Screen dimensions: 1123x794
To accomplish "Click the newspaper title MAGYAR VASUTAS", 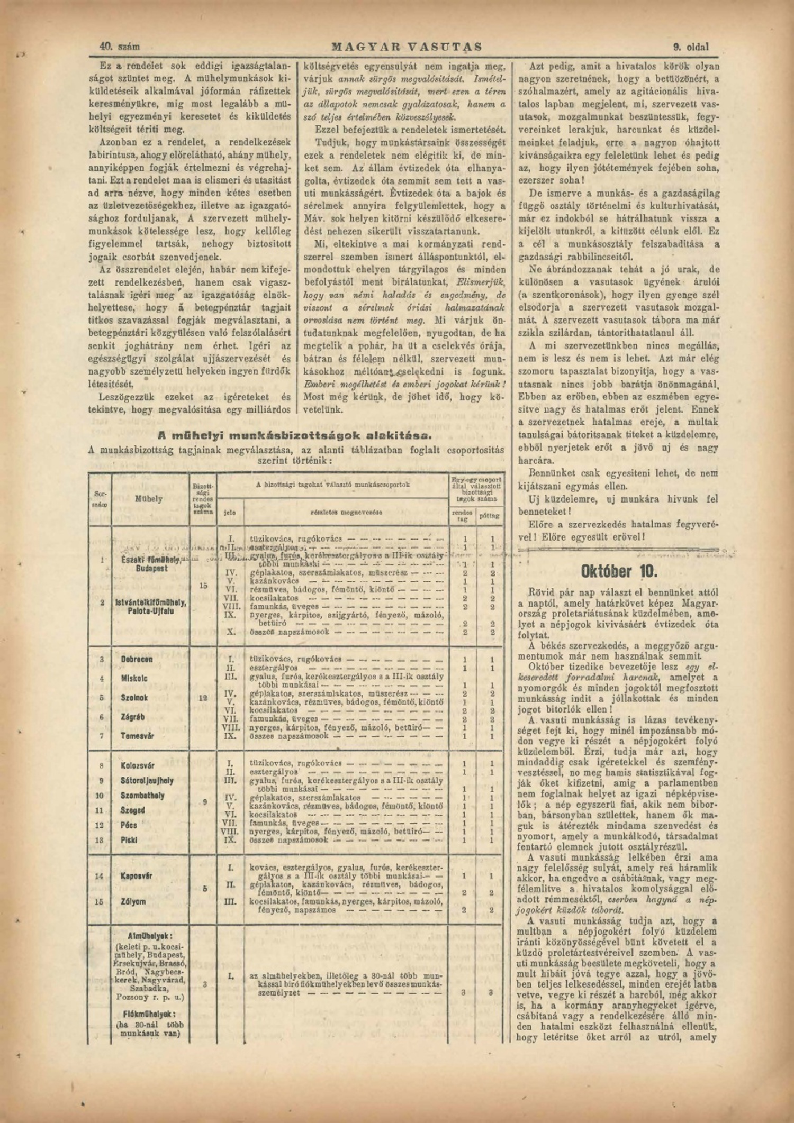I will pyautogui.click(x=407, y=47).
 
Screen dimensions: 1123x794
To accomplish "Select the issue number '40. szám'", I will pyautogui.click(x=120, y=47).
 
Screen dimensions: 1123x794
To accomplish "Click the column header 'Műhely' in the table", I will pyautogui.click(x=149, y=498).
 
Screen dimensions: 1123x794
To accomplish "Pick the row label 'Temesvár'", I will pyautogui.click(x=137, y=736).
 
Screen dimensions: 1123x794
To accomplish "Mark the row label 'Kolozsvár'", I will pyautogui.click(x=137, y=765).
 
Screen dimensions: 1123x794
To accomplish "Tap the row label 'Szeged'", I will pyautogui.click(x=132, y=810).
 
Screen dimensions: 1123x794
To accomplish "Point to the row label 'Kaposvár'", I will pyautogui.click(x=137, y=876).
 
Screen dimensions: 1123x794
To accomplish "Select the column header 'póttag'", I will pyautogui.click(x=490, y=515).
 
